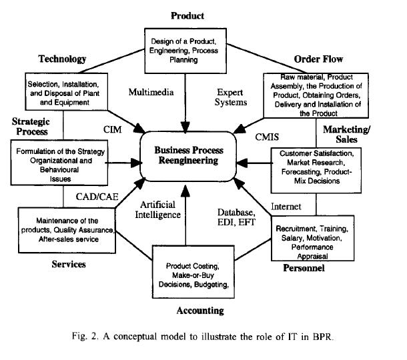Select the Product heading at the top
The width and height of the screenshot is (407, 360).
point(187,15)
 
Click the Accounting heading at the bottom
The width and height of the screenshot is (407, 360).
point(199,311)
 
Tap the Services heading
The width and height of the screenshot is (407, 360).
point(70,264)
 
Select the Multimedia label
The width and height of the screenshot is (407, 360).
point(150,92)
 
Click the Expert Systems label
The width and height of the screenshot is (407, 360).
point(232,97)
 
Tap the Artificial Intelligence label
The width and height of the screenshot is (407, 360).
point(160,209)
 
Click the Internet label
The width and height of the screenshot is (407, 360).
point(286,206)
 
